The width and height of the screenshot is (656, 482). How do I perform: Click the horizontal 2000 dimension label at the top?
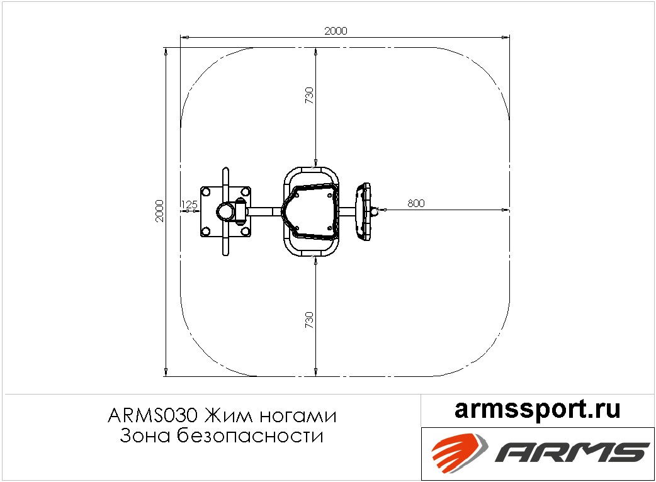pyautogui.click(x=336, y=31)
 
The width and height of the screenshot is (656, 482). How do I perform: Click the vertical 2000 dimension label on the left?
pyautogui.click(x=159, y=211)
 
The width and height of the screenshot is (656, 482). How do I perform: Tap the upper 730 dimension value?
pyautogui.click(x=309, y=95)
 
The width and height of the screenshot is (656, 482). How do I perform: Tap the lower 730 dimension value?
pyautogui.click(x=309, y=320)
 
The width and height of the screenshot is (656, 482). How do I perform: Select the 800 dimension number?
pyautogui.click(x=416, y=203)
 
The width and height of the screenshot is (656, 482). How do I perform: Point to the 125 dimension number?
pyautogui.click(x=189, y=205)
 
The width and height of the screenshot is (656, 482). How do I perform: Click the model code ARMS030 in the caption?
pyautogui.click(x=152, y=416)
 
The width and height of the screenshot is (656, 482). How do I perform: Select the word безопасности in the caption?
pyautogui.click(x=250, y=435)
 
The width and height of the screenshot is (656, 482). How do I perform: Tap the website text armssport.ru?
pyautogui.click(x=537, y=409)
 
